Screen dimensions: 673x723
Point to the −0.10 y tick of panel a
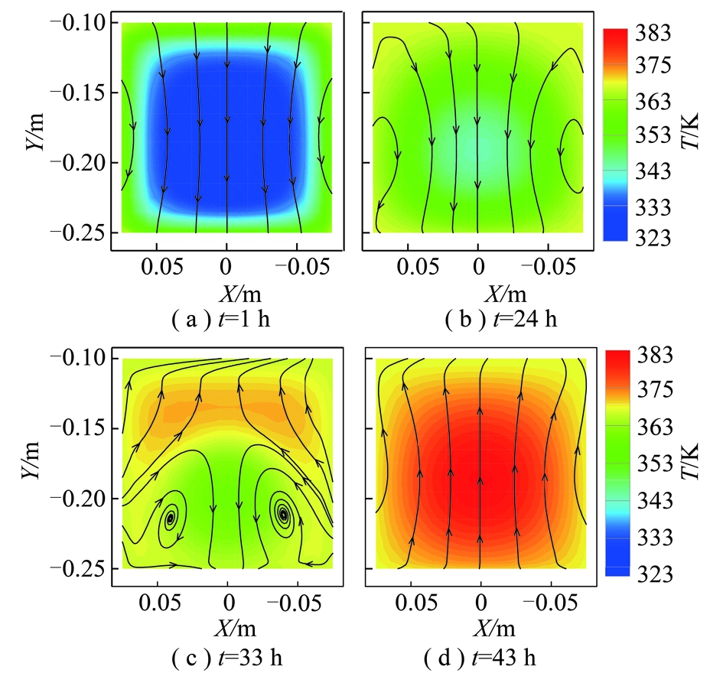click(77, 23)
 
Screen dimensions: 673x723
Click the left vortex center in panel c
click(171, 518)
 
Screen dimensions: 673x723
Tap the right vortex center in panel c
click(284, 514)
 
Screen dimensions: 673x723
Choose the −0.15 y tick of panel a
click(77, 93)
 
